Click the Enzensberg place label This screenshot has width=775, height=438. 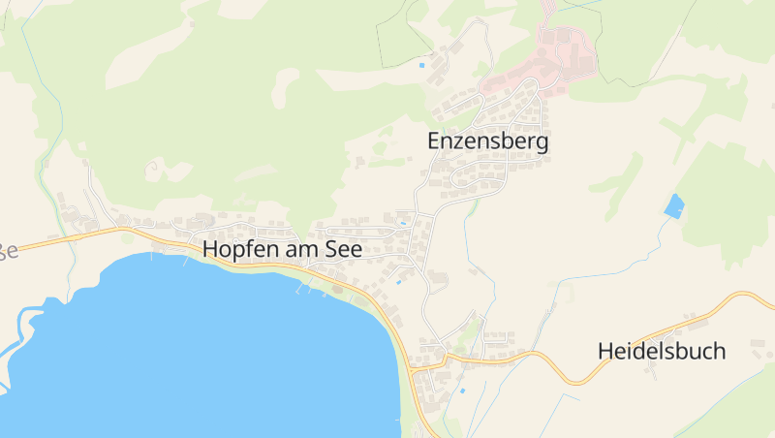tap(488, 141)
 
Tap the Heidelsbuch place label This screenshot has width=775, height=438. tap(662, 351)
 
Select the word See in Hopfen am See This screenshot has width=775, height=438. tap(346, 249)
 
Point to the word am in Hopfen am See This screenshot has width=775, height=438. tap(300, 249)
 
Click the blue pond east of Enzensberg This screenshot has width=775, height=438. tap(673, 205)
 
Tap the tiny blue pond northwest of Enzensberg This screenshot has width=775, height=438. tap(421, 66)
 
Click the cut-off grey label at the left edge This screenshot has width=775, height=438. tap(8, 251)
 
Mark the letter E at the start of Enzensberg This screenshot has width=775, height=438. tap(433, 141)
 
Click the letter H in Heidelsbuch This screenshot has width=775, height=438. tap(605, 351)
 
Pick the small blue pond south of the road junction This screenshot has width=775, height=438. tap(461, 391)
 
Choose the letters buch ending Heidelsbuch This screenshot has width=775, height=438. tap(701, 351)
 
